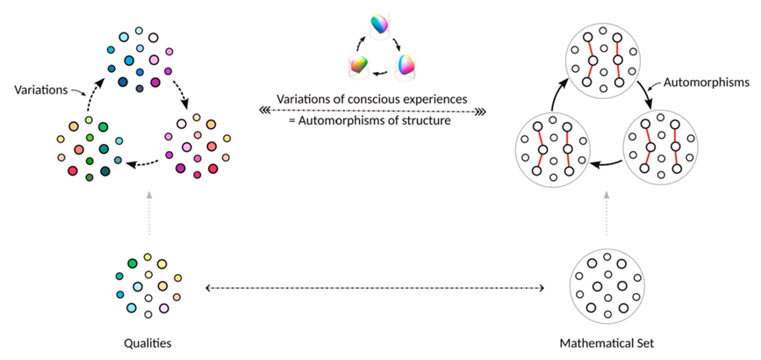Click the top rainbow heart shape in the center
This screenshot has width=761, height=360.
click(379, 26)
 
